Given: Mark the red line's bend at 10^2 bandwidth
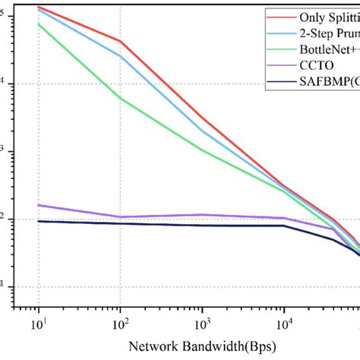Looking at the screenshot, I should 120,41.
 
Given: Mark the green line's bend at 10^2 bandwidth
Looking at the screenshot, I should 120,98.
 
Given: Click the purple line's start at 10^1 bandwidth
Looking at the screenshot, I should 38,205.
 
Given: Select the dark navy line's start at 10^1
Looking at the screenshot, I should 38,221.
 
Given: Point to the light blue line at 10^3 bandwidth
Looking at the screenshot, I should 201,131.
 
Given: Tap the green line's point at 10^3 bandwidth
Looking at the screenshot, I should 201,150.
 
